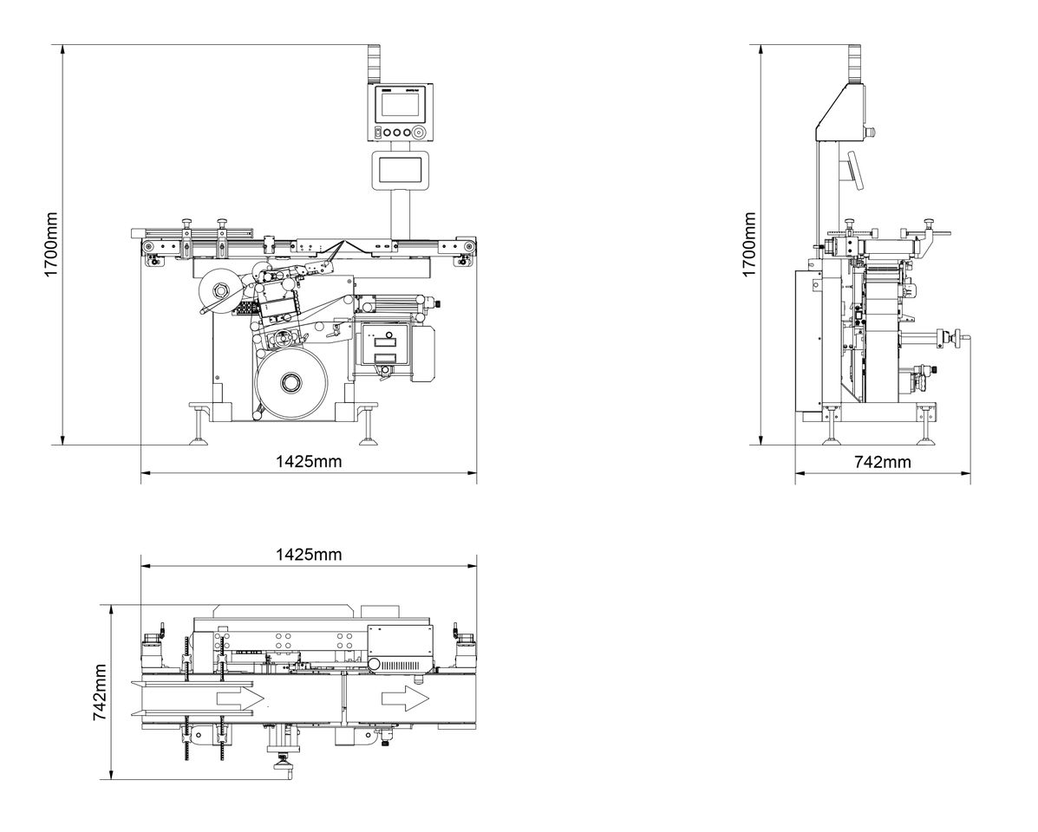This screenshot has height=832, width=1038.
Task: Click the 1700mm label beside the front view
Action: point(51,244)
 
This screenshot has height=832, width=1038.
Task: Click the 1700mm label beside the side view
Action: point(750,244)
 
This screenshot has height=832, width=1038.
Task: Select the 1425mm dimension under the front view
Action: point(309,462)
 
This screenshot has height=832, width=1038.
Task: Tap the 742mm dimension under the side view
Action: point(883,462)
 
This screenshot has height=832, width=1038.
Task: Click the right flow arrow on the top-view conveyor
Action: point(404,698)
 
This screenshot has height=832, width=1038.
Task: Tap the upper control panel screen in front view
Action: point(398,105)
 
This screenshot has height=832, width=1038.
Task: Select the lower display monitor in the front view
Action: point(397,169)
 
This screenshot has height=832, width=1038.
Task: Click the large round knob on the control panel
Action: point(420,133)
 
